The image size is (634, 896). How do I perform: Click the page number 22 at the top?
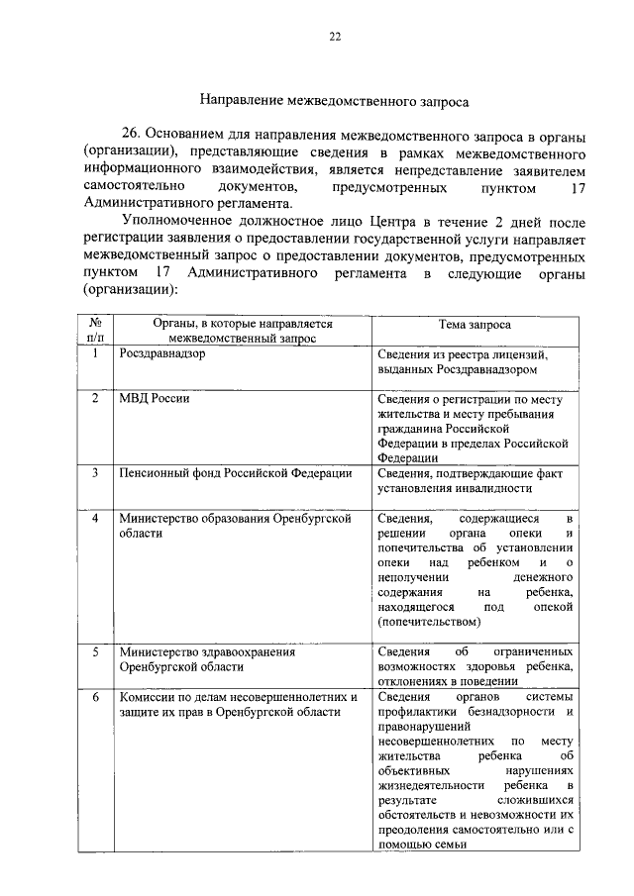click(334, 37)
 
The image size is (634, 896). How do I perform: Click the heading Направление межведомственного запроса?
click(334, 100)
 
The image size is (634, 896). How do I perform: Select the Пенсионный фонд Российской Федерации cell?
click(235, 472)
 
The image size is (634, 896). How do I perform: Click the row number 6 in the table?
click(95, 697)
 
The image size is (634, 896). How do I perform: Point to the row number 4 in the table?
click(95, 518)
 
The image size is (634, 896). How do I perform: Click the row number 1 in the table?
click(95, 353)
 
